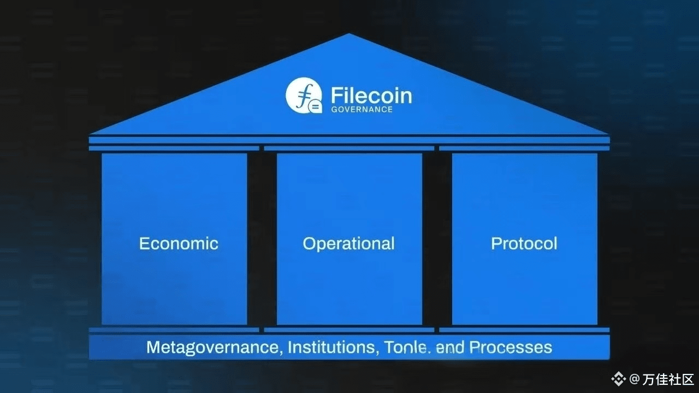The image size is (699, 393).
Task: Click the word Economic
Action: [179, 243]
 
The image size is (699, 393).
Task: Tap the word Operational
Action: [348, 243]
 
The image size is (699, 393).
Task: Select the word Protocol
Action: [524, 243]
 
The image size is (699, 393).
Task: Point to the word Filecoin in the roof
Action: [371, 96]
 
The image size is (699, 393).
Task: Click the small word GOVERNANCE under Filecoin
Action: [362, 109]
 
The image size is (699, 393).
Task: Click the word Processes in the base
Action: [511, 347]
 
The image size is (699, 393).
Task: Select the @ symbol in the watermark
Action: [634, 378]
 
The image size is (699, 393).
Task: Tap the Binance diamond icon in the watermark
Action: [619, 378]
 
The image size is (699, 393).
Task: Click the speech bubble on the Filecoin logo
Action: [315, 106]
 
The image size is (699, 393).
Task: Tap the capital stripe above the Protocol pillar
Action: [524, 148]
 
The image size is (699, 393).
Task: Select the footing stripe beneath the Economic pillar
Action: [174, 330]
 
